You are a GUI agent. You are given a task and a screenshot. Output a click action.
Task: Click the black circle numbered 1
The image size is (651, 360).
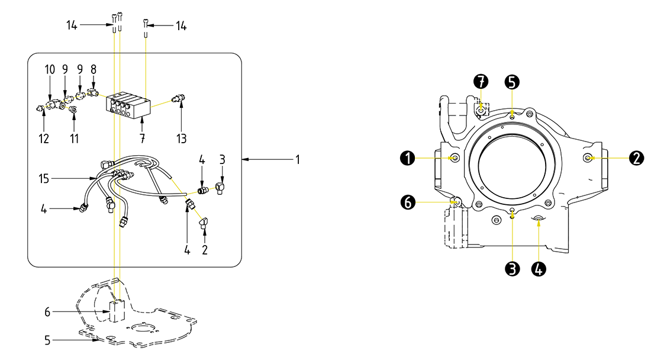coord(407,158)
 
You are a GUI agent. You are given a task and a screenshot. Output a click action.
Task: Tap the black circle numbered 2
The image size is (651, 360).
coord(636,158)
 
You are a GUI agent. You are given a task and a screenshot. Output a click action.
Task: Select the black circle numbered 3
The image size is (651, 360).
coord(513,268)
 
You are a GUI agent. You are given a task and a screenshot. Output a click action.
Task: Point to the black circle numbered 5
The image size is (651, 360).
coord(512,81)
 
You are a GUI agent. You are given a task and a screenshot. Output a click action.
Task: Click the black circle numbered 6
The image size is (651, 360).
coord(407,202)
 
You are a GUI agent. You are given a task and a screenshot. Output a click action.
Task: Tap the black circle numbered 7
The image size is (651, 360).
coord(482,81)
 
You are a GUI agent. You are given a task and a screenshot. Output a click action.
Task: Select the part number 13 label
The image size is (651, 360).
coord(181,139)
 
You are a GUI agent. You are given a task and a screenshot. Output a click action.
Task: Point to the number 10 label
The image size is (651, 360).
coord(50,70)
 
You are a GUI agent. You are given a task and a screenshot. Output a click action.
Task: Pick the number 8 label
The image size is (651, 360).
coord(94,70)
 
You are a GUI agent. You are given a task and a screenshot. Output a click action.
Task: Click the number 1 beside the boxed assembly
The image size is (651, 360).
coord(298,159)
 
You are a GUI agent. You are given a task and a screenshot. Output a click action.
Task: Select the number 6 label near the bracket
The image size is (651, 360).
coord(48,311)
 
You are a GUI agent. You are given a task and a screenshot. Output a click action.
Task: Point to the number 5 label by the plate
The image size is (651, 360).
coord(48,340)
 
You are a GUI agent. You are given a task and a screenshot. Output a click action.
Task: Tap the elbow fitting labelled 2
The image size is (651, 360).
coord(203,222)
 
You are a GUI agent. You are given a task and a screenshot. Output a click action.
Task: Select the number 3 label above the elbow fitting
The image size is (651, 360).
coord(222,160)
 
